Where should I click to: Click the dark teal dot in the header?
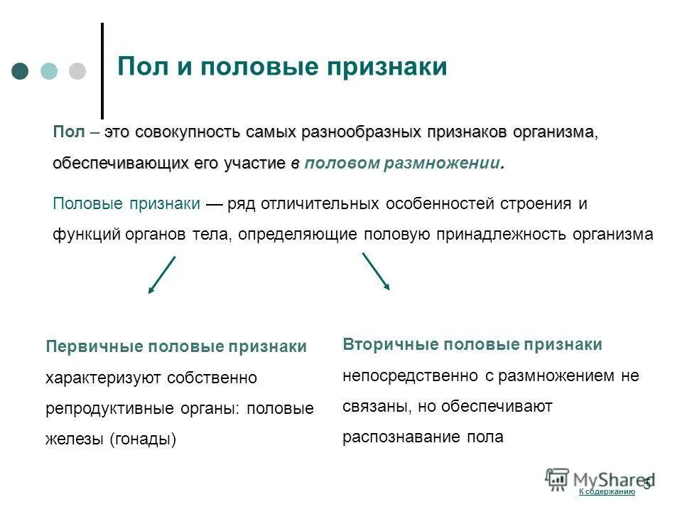(x=21, y=71)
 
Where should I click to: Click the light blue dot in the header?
(x=49, y=71)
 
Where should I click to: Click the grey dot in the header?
(x=77, y=71)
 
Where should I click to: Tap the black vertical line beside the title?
(x=102, y=71)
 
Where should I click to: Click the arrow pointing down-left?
(x=161, y=275)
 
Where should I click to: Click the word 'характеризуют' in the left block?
(x=103, y=378)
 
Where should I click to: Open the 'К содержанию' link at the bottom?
(x=606, y=492)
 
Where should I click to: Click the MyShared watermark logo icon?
(x=558, y=478)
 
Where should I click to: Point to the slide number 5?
(x=646, y=484)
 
